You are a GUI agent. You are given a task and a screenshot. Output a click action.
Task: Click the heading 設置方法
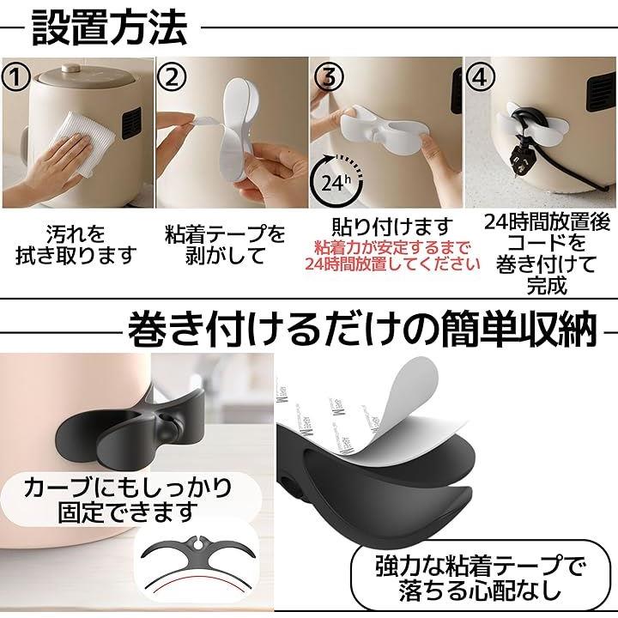tap(109, 27)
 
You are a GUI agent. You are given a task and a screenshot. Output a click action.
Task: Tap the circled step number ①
tap(15, 77)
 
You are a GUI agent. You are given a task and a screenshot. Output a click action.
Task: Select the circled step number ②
tap(172, 77)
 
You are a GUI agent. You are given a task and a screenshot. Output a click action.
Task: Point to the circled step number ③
tap(328, 77)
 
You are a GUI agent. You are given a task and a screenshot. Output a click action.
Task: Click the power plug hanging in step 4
tap(518, 159)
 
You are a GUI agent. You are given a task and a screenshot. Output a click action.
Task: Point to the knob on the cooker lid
tap(70, 69)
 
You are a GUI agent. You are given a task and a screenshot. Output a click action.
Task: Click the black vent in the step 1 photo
tap(131, 123)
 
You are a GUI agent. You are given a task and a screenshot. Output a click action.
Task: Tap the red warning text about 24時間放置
tap(392, 256)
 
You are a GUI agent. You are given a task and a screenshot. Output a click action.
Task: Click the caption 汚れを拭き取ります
tap(76, 245)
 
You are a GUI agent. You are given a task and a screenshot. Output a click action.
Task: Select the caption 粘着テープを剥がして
tap(225, 245)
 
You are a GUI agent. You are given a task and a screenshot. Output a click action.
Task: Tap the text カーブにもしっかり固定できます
tap(128, 500)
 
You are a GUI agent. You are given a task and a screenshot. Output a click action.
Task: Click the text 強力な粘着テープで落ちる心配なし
tap(480, 578)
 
